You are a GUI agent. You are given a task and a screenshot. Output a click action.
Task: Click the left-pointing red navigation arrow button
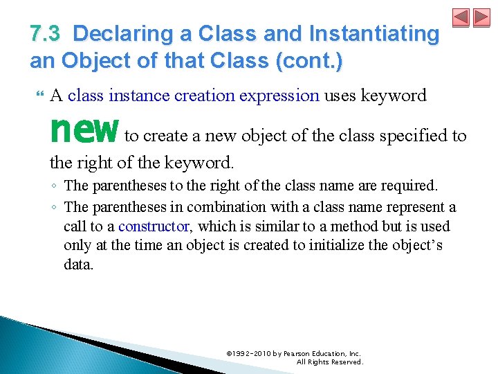(461, 18)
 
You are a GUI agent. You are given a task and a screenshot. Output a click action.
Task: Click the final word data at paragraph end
(77, 265)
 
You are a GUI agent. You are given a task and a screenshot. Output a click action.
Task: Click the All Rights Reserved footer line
(329, 362)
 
